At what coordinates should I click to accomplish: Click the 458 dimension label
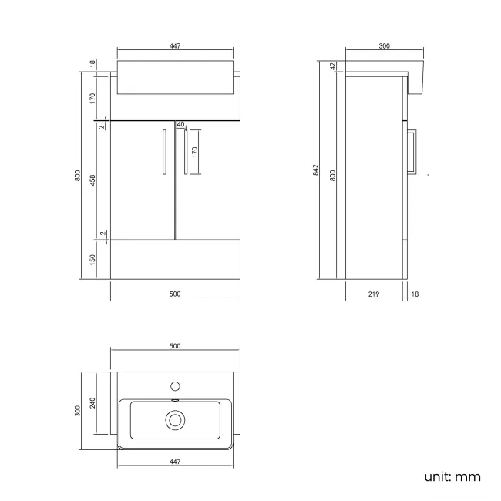click(92, 180)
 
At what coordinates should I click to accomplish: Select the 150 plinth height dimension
click(92, 260)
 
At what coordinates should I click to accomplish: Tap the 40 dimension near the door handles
click(180, 124)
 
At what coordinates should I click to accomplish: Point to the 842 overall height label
click(316, 171)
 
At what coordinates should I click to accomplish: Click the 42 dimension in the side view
click(333, 66)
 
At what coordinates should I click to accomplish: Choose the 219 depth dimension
click(373, 294)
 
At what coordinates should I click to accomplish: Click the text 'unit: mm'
click(452, 476)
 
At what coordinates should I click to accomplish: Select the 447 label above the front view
click(174, 47)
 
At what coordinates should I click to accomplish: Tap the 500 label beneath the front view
click(174, 294)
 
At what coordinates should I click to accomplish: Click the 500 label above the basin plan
click(174, 346)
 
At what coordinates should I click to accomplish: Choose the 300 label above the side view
click(384, 47)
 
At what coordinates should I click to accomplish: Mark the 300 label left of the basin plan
click(77, 411)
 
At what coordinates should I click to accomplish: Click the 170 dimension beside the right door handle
click(195, 151)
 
